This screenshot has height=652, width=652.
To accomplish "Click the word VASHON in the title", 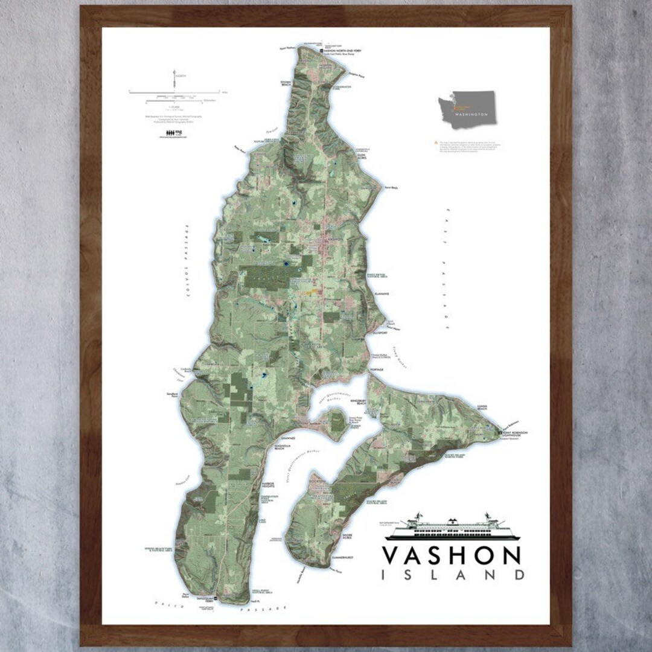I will click(x=452, y=555).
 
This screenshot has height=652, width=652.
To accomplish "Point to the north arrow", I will click(x=175, y=78).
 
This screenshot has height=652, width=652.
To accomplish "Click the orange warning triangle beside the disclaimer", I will click(x=435, y=143).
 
